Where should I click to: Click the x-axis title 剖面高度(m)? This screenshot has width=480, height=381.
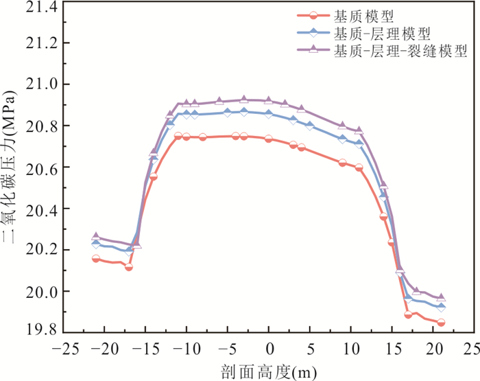[269, 371]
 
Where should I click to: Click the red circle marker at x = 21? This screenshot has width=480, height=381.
[441, 323]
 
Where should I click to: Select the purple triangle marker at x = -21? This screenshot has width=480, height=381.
[96, 236]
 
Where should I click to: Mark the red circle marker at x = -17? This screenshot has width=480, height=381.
[129, 266]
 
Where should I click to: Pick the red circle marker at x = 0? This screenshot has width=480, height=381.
[269, 139]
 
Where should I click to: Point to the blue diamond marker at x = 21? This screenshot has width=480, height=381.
[441, 307]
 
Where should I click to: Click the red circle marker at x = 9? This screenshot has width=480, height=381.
[342, 163]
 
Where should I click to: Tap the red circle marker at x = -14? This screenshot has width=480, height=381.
[154, 176]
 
